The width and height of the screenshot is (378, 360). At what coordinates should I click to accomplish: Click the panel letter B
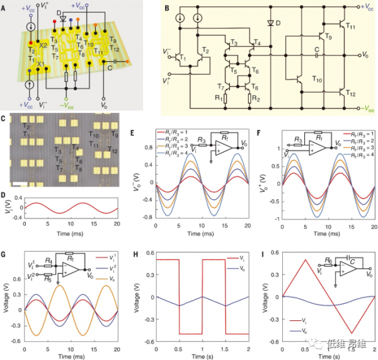[166, 8]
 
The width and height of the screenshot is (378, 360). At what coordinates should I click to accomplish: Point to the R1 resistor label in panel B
[217, 98]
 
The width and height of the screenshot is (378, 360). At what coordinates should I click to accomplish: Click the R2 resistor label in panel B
[255, 98]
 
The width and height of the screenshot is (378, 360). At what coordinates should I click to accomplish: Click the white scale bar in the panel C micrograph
[20, 183]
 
